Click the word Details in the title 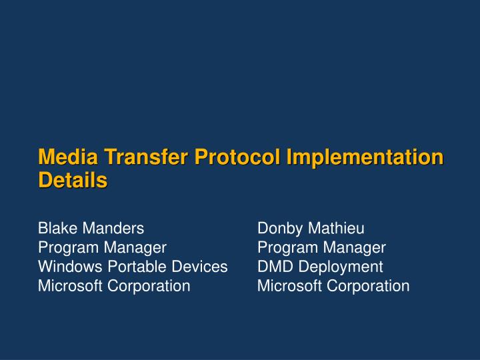(x=73, y=180)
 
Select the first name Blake (x=56, y=229)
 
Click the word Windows (x=67, y=267)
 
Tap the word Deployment (x=340, y=267)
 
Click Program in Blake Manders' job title (x=68, y=248)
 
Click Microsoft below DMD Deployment (x=288, y=286)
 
